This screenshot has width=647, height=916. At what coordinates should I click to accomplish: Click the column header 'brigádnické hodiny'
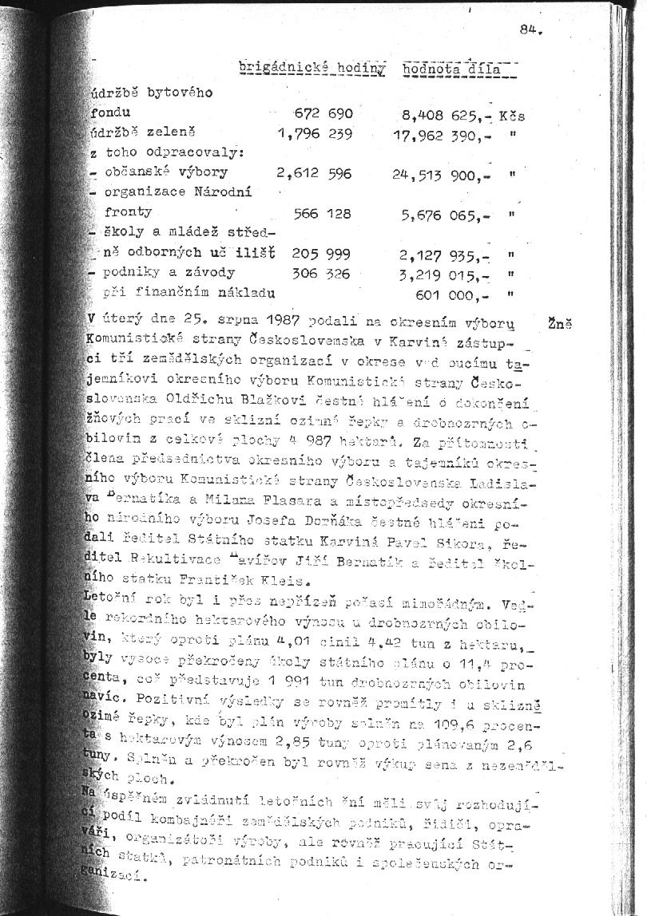click(312, 69)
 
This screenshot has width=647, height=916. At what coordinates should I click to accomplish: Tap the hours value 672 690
click(323, 113)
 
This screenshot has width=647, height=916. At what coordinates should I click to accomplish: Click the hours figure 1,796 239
click(315, 134)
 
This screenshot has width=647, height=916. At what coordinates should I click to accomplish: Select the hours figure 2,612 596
click(314, 172)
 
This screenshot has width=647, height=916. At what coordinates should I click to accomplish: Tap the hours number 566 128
click(323, 213)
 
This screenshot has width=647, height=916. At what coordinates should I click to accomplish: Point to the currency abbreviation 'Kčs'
click(511, 115)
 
